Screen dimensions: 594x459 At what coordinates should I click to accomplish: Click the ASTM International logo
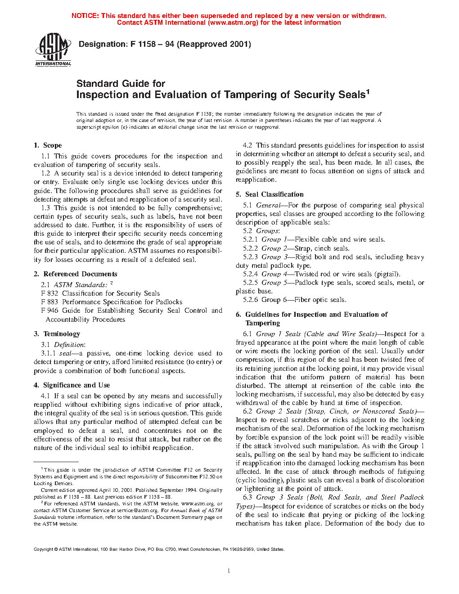pyautogui.click(x=53, y=49)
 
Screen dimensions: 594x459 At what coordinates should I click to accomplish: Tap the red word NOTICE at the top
pyautogui.click(x=85, y=16)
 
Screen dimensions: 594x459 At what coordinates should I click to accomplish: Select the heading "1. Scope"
pyautogui.click(x=48, y=145)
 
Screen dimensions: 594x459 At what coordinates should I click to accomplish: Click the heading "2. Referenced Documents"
pyautogui.click(x=75, y=274)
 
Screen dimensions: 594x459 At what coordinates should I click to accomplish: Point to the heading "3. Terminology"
pyautogui.click(x=57, y=334)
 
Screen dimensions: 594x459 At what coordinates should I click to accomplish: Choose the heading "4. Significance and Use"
pyautogui.click(x=72, y=385)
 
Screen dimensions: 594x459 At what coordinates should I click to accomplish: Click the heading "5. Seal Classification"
pyautogui.click(x=270, y=194)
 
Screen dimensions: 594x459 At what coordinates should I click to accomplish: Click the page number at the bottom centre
pyautogui.click(x=229, y=571)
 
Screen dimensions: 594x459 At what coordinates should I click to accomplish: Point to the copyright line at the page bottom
pyautogui.click(x=159, y=549)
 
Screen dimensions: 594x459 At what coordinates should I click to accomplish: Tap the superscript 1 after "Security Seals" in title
pyautogui.click(x=368, y=92)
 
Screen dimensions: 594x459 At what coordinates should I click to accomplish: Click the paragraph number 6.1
pyautogui.click(x=247, y=334)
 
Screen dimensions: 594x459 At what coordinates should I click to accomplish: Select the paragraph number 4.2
pyautogui.click(x=247, y=145)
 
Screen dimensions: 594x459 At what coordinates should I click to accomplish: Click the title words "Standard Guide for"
pyautogui.click(x=121, y=84)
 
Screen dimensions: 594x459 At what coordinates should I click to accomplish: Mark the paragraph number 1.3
pyautogui.click(x=45, y=208)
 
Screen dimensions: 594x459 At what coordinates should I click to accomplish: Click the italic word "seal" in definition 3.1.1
pyautogui.click(x=65, y=354)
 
